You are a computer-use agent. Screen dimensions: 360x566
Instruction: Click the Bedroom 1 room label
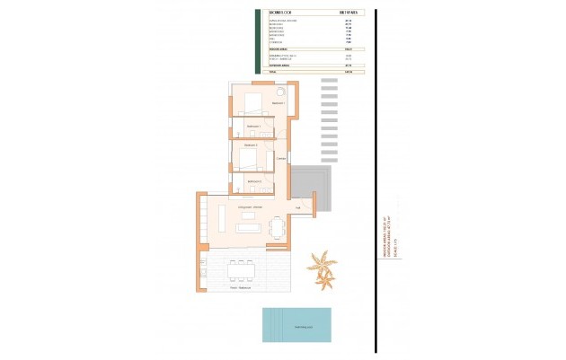point(278,103)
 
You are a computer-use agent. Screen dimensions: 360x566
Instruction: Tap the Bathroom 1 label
point(252,127)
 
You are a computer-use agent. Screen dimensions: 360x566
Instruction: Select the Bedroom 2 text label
point(251,145)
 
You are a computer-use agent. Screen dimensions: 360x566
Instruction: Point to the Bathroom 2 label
point(254,181)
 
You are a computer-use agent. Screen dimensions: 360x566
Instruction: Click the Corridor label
point(281,160)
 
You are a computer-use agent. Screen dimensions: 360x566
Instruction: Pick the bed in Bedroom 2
point(249,160)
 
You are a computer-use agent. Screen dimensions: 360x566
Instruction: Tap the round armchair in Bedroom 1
point(280,92)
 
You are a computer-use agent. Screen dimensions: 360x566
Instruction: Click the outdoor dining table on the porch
point(242,268)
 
